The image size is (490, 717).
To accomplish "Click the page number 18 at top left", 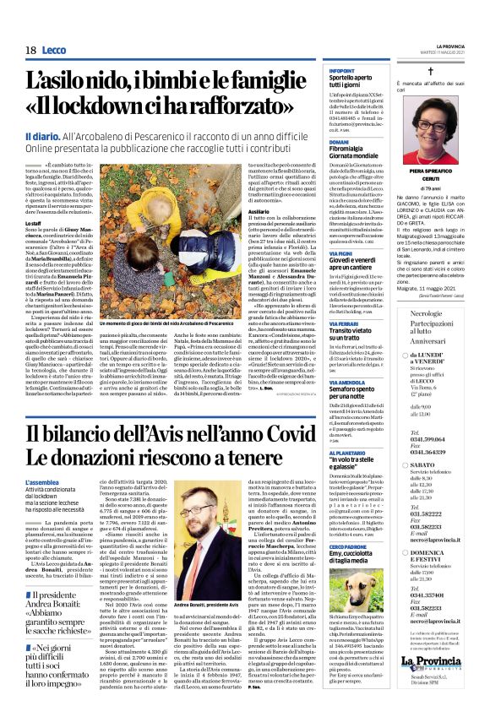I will [30, 51].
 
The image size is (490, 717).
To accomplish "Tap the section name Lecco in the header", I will [55, 51].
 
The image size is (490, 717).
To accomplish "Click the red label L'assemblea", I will [42, 482].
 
